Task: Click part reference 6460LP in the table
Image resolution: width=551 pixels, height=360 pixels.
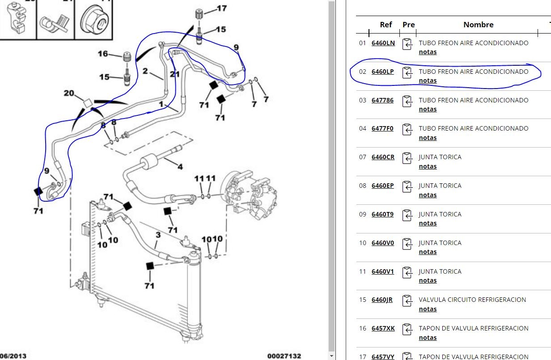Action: (382, 72)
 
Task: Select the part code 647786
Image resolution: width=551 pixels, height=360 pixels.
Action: (382, 100)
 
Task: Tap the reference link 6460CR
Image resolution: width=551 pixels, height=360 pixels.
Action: (383, 157)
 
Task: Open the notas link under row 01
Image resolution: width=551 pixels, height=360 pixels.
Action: (428, 52)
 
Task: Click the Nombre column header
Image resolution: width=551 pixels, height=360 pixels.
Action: (478, 25)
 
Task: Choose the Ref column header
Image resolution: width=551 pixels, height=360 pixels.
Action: (386, 25)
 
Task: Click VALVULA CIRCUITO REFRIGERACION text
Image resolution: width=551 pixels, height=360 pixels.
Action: (472, 300)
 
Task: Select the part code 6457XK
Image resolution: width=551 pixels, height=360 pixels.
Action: (383, 328)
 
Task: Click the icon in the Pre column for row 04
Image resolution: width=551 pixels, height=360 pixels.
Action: (407, 129)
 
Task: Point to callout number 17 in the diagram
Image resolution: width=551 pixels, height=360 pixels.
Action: (221, 8)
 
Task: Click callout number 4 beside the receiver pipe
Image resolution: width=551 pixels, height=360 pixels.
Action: (180, 167)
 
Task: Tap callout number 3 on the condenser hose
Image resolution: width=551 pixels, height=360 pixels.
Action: (158, 235)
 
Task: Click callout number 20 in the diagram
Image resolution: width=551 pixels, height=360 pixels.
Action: (69, 93)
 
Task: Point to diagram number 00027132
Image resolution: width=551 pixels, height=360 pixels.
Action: (284, 356)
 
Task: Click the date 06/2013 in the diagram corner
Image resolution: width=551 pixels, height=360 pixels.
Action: (13, 356)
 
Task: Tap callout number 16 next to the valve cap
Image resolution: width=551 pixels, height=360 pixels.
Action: (103, 54)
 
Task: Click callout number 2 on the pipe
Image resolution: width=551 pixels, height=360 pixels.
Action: (145, 71)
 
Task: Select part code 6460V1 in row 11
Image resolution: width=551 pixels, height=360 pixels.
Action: (382, 271)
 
